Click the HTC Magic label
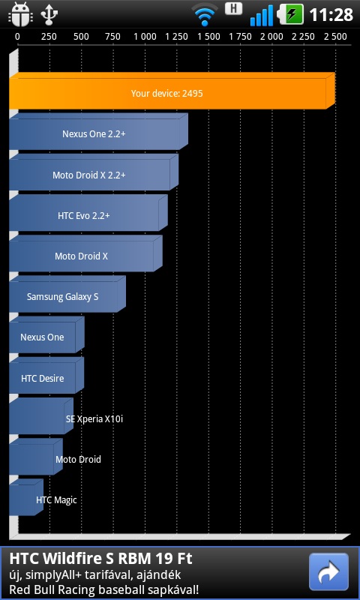tap(56, 500)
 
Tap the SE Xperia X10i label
tap(94, 419)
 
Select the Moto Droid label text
tap(78, 460)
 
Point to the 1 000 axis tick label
tap(145, 37)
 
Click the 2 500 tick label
tap(335, 37)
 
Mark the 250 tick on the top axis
tap(49, 37)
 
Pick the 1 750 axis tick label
tap(240, 37)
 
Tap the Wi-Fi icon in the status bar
tap(204, 15)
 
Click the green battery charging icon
tap(291, 14)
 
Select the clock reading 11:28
tap(331, 15)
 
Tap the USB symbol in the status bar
tap(49, 15)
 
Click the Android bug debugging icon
tap(20, 15)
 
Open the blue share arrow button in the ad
tap(328, 571)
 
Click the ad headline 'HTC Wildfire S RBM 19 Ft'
tap(100, 559)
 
